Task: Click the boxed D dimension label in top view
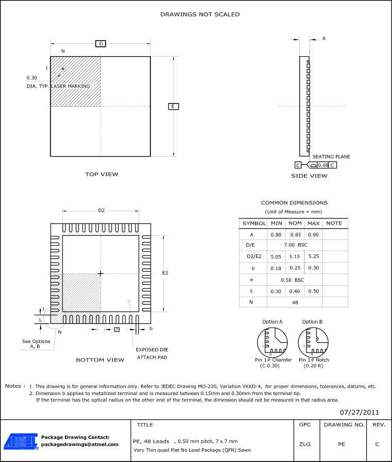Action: click(101, 44)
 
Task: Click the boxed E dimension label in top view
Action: click(173, 106)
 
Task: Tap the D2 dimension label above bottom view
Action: click(101, 210)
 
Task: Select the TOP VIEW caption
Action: click(101, 174)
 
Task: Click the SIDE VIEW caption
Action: click(309, 176)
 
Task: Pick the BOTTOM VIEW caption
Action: click(100, 360)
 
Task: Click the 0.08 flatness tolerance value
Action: click(322, 165)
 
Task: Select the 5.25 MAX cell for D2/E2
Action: click(313, 256)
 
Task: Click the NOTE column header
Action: click(334, 224)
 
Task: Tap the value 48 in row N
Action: click(295, 302)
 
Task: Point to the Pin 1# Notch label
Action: click(314, 360)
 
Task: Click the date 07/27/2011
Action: click(360, 412)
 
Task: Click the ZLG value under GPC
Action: click(304, 443)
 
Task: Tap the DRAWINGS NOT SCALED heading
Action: click(200, 14)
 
